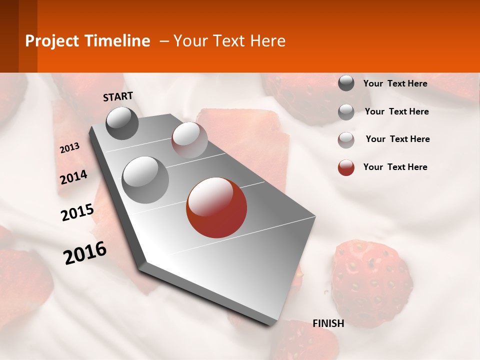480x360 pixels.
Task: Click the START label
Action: coord(118,96)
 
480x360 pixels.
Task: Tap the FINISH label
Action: coord(328,323)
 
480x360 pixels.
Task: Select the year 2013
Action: coord(69,148)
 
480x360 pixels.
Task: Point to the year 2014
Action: coord(73,177)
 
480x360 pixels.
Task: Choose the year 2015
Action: coord(77,212)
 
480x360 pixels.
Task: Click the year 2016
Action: coord(85,253)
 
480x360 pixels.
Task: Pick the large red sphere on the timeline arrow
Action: coord(216,207)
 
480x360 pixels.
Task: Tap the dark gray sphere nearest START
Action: coord(122,123)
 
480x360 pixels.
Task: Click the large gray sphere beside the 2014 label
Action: coord(145,179)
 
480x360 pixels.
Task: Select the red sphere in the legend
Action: coord(346,167)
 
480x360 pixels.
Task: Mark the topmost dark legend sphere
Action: coord(346,83)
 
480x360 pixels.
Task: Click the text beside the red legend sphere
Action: coord(395,167)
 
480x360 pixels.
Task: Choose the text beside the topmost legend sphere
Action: coord(395,83)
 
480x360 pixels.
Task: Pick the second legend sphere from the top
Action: coord(346,112)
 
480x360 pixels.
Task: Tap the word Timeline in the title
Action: coord(118,41)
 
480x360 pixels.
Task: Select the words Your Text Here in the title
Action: coord(229,41)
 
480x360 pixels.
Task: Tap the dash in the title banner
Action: coord(163,41)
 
